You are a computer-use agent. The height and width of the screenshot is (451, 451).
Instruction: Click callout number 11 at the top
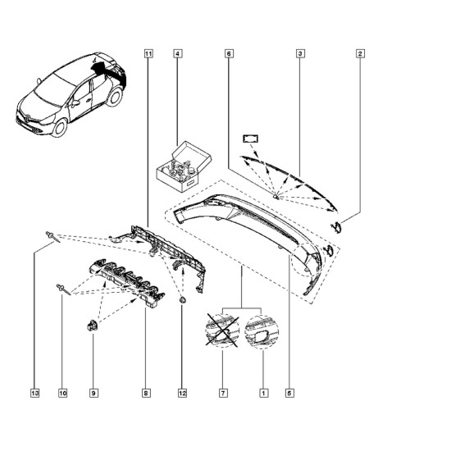click(x=148, y=53)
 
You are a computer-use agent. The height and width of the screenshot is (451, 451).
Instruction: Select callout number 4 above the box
click(x=177, y=53)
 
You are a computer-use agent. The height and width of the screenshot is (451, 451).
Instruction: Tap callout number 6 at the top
click(x=229, y=53)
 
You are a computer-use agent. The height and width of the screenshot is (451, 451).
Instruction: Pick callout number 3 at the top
click(x=300, y=53)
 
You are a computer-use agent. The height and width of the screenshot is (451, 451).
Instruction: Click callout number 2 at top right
click(x=360, y=53)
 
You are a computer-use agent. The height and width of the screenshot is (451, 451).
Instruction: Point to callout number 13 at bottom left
click(x=34, y=393)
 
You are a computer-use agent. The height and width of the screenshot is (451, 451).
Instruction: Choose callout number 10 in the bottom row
click(x=62, y=393)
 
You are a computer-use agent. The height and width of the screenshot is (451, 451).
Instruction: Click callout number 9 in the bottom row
click(x=93, y=393)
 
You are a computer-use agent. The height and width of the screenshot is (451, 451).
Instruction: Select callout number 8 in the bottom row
click(x=146, y=393)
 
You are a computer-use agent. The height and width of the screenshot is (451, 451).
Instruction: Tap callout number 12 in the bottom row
click(x=182, y=393)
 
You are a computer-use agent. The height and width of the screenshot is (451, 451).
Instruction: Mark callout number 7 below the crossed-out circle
click(x=223, y=393)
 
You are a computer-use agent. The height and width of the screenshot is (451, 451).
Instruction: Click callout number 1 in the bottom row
click(x=264, y=393)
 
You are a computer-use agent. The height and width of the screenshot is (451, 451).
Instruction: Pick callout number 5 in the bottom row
click(x=289, y=393)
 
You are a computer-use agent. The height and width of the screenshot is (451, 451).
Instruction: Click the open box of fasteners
click(x=184, y=166)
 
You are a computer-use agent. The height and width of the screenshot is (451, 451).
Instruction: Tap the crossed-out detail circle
click(x=222, y=330)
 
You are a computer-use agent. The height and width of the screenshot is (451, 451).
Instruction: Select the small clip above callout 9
click(x=93, y=326)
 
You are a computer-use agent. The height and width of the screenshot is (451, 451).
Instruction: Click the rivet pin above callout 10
click(x=63, y=289)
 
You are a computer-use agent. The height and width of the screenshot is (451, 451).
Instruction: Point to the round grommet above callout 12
click(x=183, y=301)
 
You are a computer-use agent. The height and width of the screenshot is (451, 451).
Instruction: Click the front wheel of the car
click(x=60, y=127)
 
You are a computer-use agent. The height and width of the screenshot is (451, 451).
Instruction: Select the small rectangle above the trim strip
click(x=251, y=139)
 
